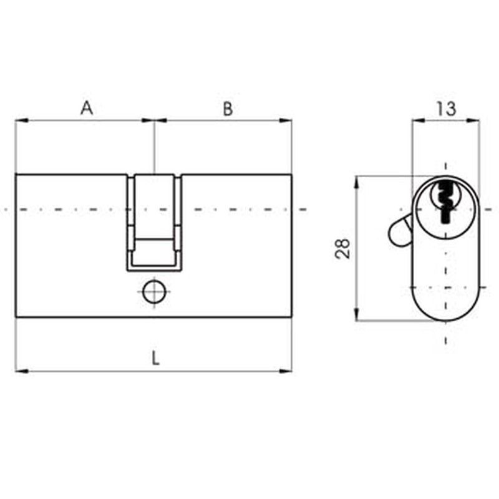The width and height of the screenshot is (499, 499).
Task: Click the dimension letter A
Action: click(x=87, y=108)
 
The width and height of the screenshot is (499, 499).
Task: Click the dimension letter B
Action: click(x=228, y=109)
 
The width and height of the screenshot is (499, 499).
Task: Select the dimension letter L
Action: click(x=155, y=358)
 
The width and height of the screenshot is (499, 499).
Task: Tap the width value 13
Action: click(x=446, y=109)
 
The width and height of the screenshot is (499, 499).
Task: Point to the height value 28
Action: click(x=342, y=248)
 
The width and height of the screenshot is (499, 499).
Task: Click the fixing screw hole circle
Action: click(x=154, y=291)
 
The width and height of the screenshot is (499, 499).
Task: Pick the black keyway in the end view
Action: click(x=445, y=202)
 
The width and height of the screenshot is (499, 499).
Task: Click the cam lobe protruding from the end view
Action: click(x=399, y=231)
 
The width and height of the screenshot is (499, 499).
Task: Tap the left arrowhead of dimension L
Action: click(x=22, y=371)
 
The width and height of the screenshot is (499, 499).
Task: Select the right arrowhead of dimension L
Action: click(x=286, y=371)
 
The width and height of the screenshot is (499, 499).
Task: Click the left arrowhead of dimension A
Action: click(x=22, y=120)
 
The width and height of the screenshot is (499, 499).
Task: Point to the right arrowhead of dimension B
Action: click(x=286, y=120)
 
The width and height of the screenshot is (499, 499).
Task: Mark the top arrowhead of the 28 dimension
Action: click(x=357, y=183)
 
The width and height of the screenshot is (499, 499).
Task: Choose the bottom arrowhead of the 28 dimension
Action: click(x=357, y=314)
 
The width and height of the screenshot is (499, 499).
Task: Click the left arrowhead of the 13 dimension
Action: click(x=419, y=120)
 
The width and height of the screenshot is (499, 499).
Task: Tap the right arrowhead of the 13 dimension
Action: click(x=473, y=120)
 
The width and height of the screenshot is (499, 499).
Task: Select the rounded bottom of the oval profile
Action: click(x=445, y=321)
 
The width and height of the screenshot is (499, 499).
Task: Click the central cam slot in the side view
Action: click(x=154, y=223)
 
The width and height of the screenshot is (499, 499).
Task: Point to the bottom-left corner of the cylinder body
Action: click(x=16, y=317)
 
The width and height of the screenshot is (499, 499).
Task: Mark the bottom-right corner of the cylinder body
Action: click(x=292, y=317)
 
